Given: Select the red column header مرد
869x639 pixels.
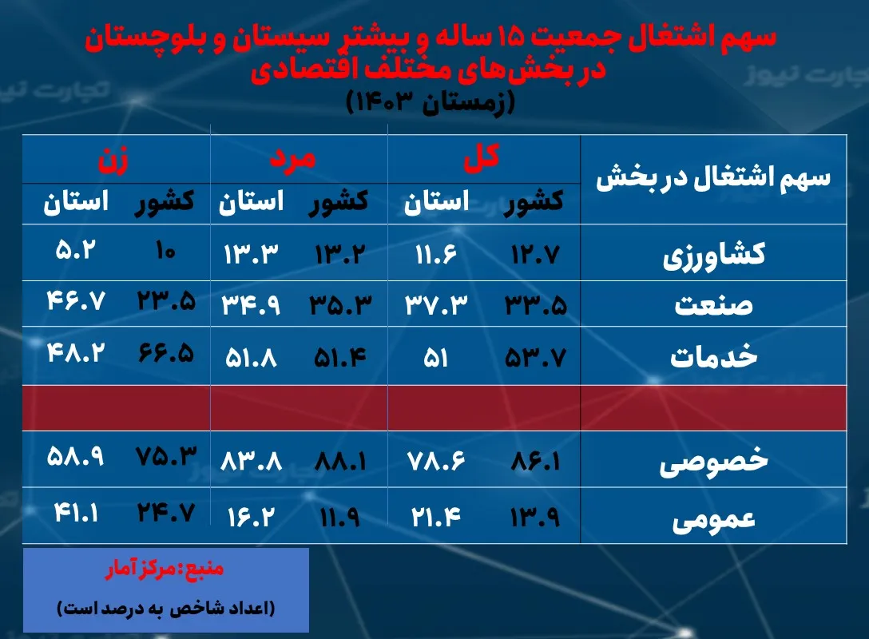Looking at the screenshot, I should [292, 157].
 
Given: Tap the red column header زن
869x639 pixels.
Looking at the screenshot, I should [113, 157].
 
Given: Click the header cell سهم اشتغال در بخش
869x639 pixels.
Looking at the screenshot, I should [712, 178].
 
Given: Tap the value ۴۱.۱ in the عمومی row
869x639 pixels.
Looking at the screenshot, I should [76, 512].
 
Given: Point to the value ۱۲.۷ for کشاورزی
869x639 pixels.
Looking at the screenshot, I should [534, 254].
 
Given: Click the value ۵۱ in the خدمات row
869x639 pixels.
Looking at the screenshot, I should [435, 357].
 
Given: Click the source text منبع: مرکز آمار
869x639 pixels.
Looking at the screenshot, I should [165, 570].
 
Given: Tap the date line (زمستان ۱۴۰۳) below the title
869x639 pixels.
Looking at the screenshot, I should [431, 101].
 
